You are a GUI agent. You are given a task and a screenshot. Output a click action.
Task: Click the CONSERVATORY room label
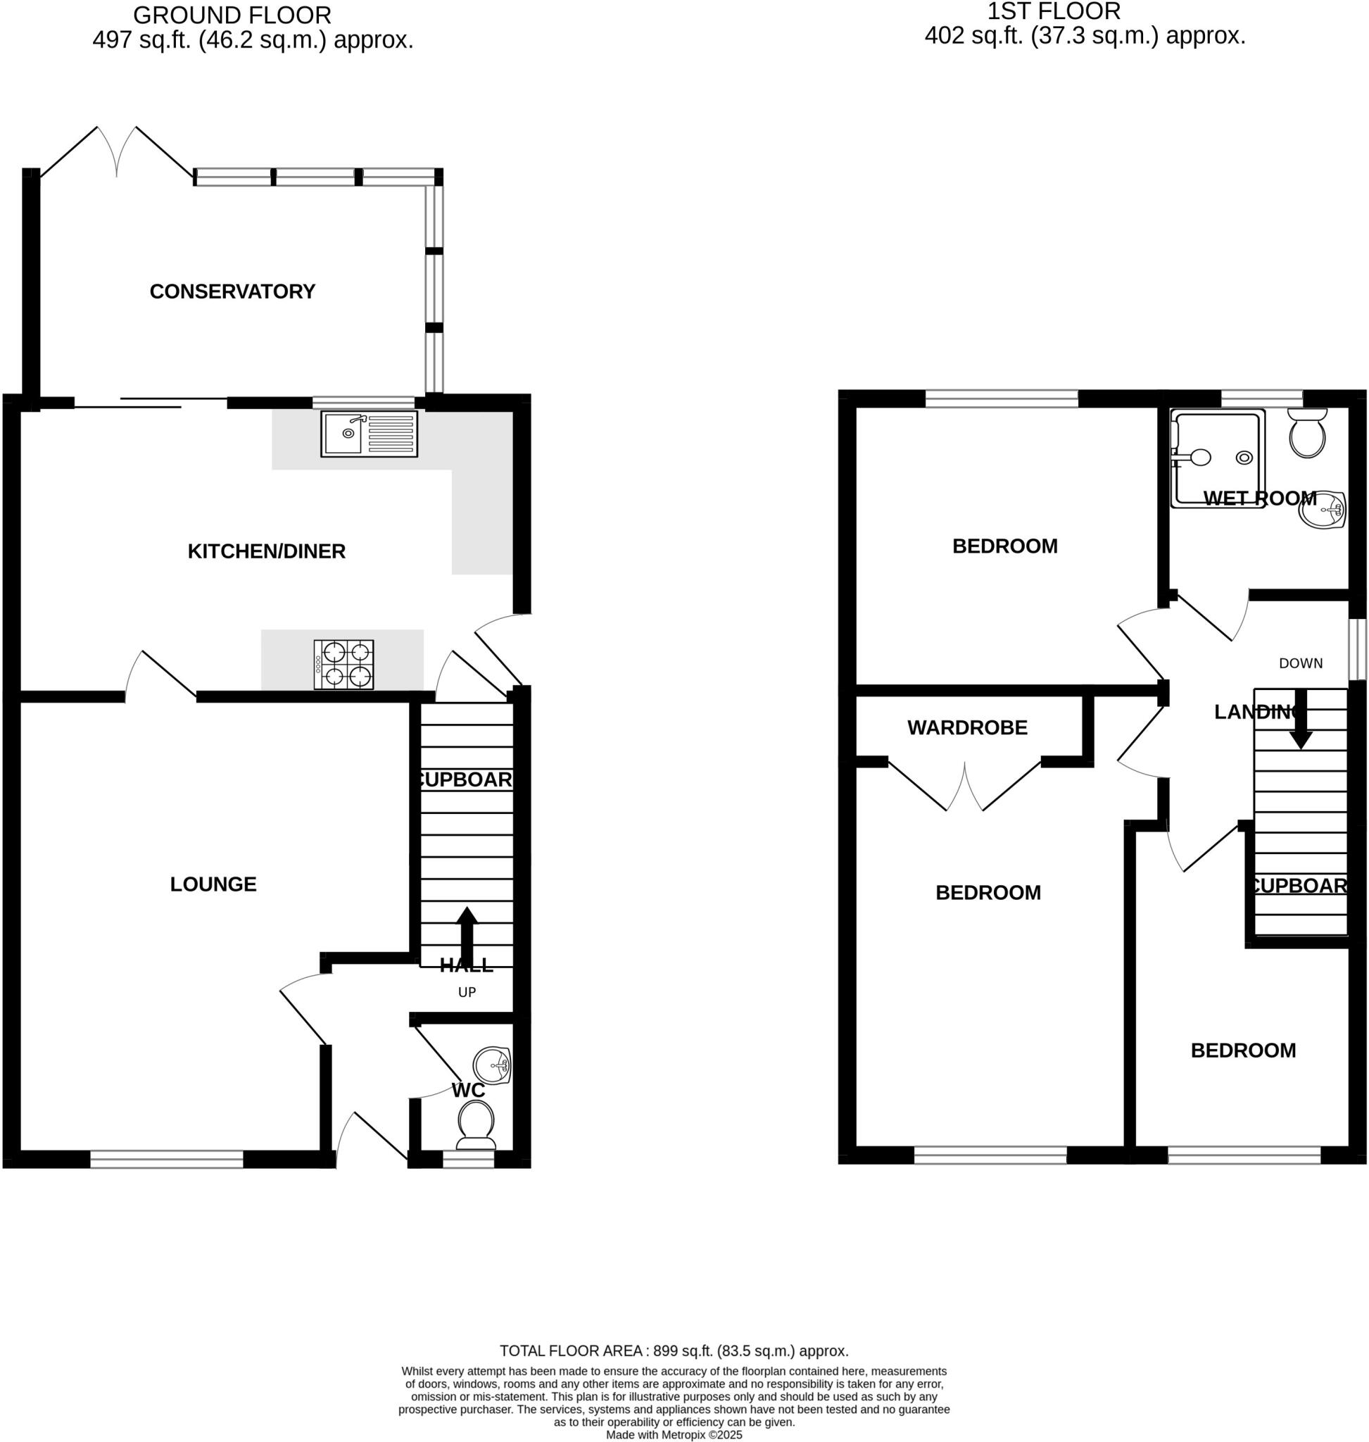pyautogui.click(x=232, y=291)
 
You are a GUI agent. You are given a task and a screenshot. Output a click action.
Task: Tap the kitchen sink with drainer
pyautogui.click(x=370, y=434)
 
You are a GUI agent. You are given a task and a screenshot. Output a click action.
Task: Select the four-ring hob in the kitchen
pyautogui.click(x=343, y=665)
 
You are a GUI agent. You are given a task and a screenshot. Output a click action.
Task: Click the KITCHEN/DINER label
pyautogui.click(x=266, y=551)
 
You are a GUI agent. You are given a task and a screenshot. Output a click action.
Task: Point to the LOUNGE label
pyautogui.click(x=213, y=884)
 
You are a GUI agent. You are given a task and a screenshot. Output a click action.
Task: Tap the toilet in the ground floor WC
pyautogui.click(x=475, y=1124)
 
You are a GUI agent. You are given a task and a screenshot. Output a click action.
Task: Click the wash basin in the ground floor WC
pyautogui.click(x=491, y=1065)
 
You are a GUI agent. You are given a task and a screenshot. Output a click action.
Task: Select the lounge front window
pyautogui.click(x=166, y=1159)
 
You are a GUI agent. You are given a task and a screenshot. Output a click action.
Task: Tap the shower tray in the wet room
pyautogui.click(x=1217, y=458)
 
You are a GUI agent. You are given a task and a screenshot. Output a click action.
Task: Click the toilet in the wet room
pyautogui.click(x=1307, y=434)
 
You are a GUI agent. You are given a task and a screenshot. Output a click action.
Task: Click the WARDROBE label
pyautogui.click(x=967, y=727)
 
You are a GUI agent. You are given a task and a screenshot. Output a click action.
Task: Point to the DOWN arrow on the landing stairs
pyautogui.click(x=1301, y=720)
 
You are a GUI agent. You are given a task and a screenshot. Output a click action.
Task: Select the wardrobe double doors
pyautogui.click(x=965, y=787)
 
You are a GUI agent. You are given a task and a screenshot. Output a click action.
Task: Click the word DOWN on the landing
pyautogui.click(x=1301, y=663)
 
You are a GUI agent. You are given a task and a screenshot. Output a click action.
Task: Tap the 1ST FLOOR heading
pyautogui.click(x=1054, y=12)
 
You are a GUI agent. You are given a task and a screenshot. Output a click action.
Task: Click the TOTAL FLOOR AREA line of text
pyautogui.click(x=674, y=1350)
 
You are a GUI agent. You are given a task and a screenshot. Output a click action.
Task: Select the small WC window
pyautogui.click(x=469, y=1159)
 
